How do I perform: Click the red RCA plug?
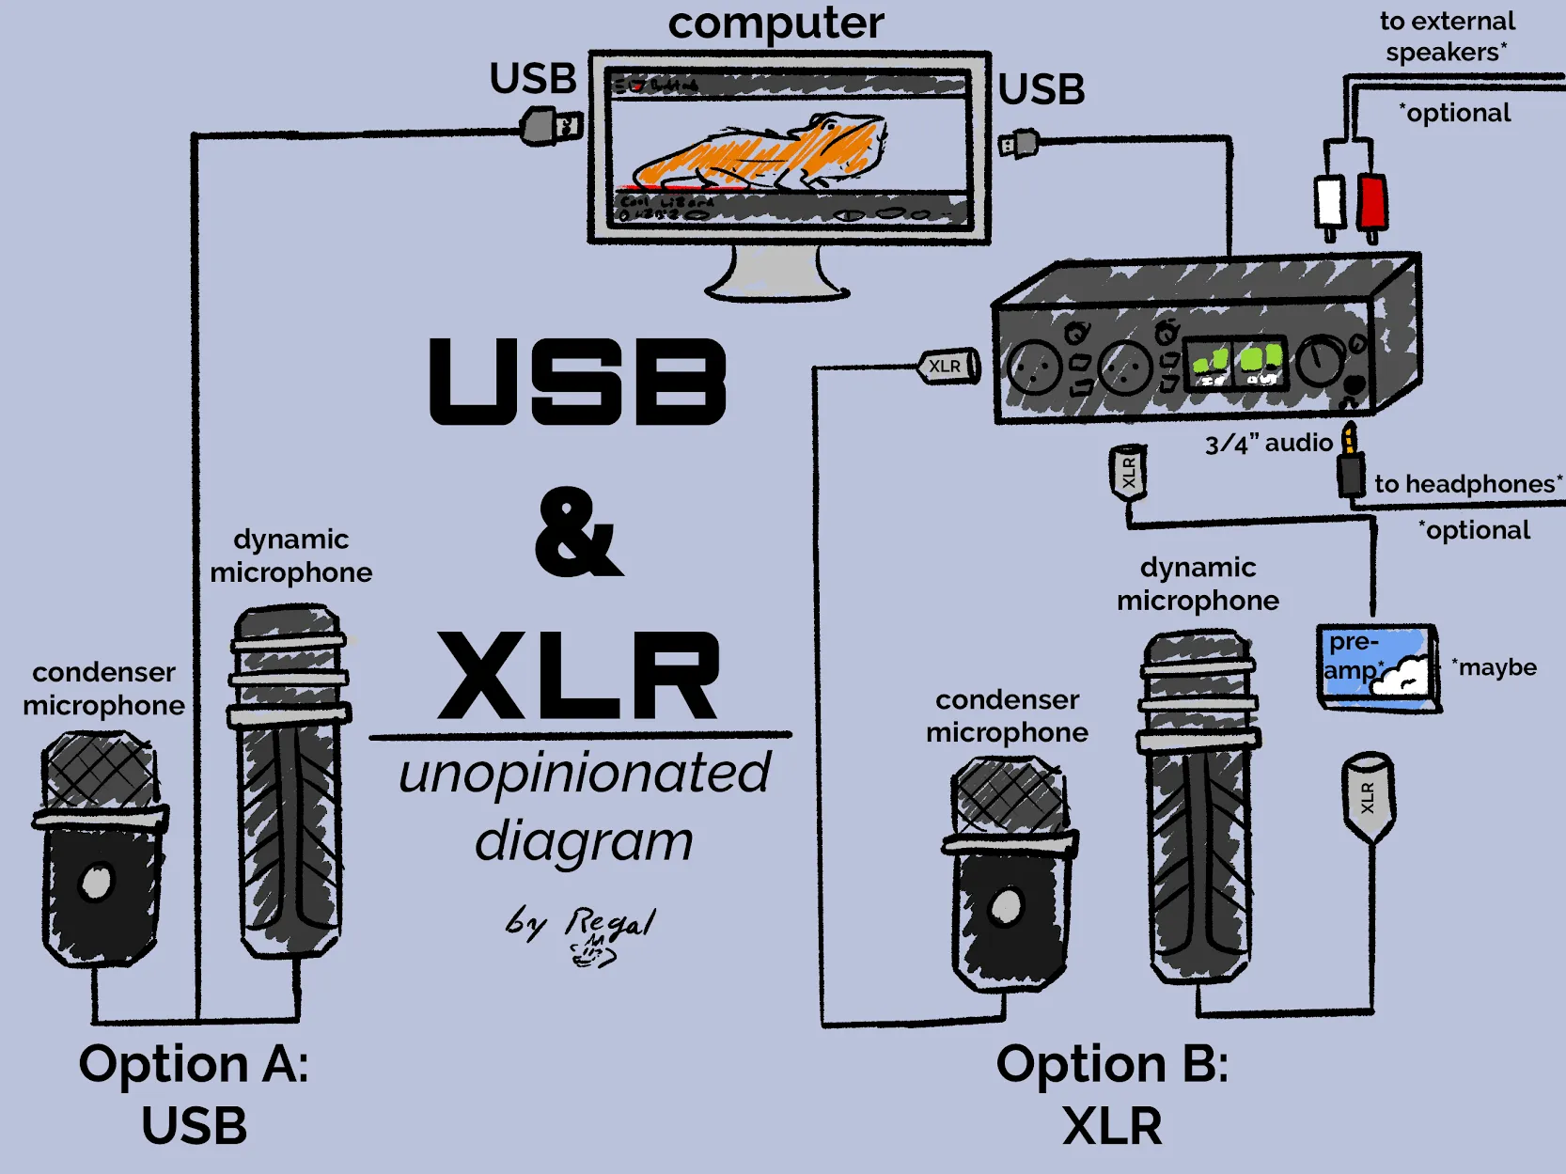coord(1371,201)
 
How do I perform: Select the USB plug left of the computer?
coord(550,125)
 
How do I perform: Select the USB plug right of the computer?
coord(1019,144)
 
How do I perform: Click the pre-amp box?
coord(1377,665)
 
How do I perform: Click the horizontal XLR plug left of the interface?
coord(948,367)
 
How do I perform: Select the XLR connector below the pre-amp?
coord(1368,795)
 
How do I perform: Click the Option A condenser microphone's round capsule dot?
coord(97,882)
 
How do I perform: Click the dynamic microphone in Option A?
coord(290,780)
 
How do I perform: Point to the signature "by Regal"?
coord(581,931)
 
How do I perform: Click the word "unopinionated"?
coord(584,775)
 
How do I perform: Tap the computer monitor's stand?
coord(777,274)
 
